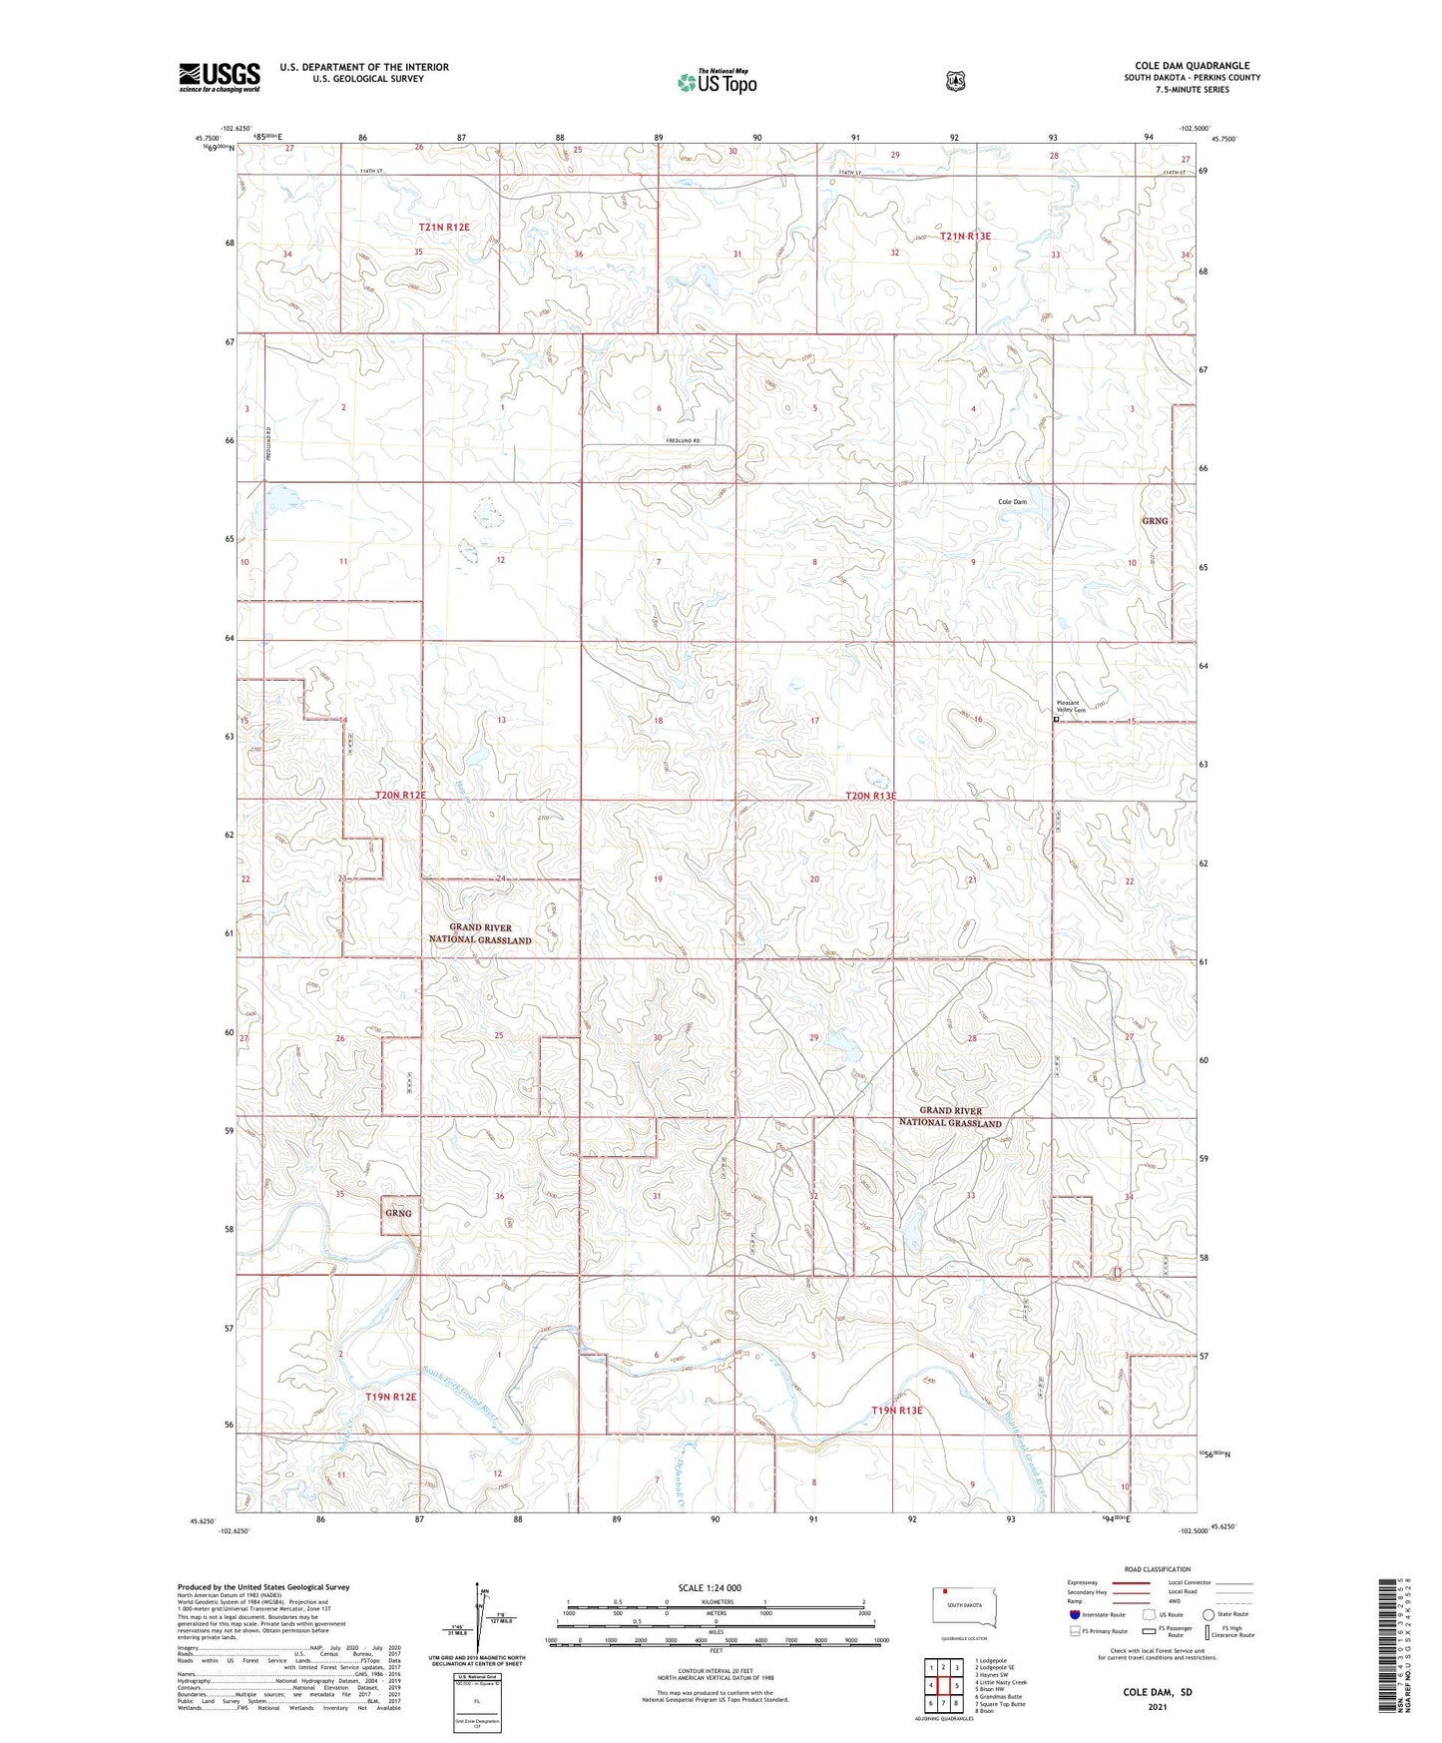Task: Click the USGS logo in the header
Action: pos(220,77)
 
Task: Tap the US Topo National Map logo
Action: pos(717,82)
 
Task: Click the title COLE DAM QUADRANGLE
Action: pos(1192,66)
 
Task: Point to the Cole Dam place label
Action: pos(1012,502)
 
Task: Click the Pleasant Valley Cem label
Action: pos(1068,707)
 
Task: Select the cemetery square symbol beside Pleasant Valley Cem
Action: pos(1056,719)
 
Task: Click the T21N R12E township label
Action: pos(444,228)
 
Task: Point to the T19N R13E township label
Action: pos(897,1411)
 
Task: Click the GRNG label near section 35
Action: pos(398,1213)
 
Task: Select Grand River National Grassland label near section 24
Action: pos(480,933)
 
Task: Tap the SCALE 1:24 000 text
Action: pos(710,1587)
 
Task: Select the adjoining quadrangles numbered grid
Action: pos(943,1685)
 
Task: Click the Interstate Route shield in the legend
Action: pos(1074,1614)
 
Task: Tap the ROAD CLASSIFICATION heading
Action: pos(1157,1569)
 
